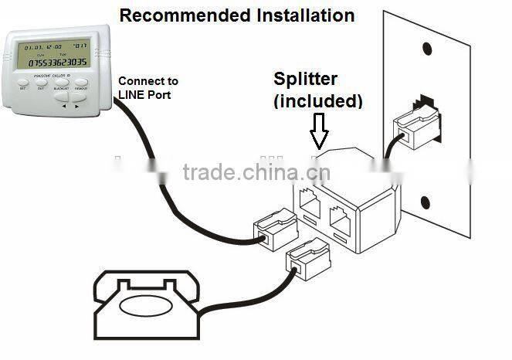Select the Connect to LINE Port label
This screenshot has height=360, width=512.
click(x=148, y=87)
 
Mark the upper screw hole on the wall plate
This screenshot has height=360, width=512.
click(x=426, y=48)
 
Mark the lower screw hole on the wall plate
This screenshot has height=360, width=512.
click(x=426, y=202)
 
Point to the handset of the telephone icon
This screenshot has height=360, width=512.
click(x=147, y=279)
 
